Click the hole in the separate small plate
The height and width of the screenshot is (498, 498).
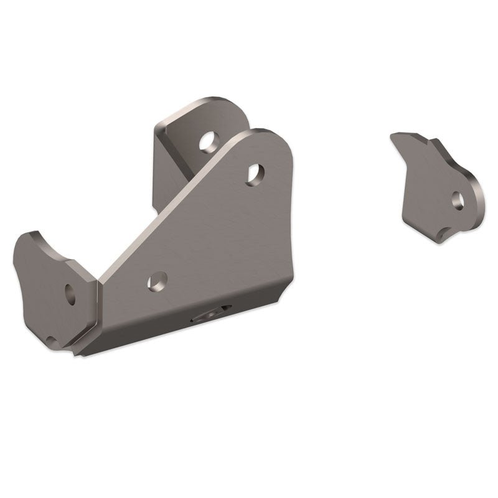[458, 199]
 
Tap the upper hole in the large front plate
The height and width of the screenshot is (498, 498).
[255, 174]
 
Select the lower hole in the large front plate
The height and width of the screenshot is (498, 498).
[157, 282]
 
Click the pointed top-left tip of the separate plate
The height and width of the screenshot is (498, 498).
[393, 135]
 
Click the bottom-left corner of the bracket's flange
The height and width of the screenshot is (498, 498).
[78, 355]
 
